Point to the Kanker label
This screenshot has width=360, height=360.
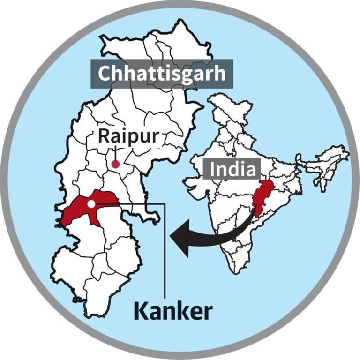[x=172, y=311]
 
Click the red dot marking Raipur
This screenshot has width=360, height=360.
[x=115, y=164]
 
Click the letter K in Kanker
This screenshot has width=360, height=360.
[x=141, y=311]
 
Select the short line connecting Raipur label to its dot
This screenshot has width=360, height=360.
[x=115, y=153]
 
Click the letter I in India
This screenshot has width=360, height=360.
[x=213, y=169]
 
